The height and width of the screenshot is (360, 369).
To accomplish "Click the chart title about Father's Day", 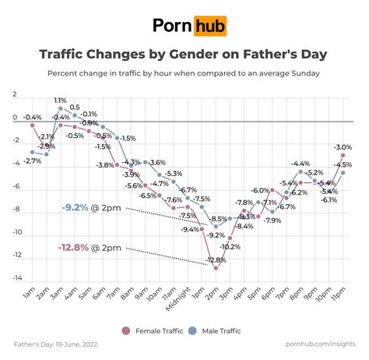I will pyautogui.click(x=184, y=55).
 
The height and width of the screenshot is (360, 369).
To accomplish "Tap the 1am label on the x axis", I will pyautogui.click(x=30, y=295).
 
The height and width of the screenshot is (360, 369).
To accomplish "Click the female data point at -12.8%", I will pyautogui.click(x=216, y=268).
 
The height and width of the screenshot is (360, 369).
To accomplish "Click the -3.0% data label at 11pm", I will pyautogui.click(x=343, y=146).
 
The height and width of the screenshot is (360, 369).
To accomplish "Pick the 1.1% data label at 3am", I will pyautogui.click(x=60, y=101).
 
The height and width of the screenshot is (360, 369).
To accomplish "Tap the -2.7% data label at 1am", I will pyautogui.click(x=32, y=161).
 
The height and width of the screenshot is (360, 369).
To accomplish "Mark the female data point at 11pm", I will pyautogui.click(x=343, y=156).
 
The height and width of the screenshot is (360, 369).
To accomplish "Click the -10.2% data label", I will pyautogui.click(x=230, y=246).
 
